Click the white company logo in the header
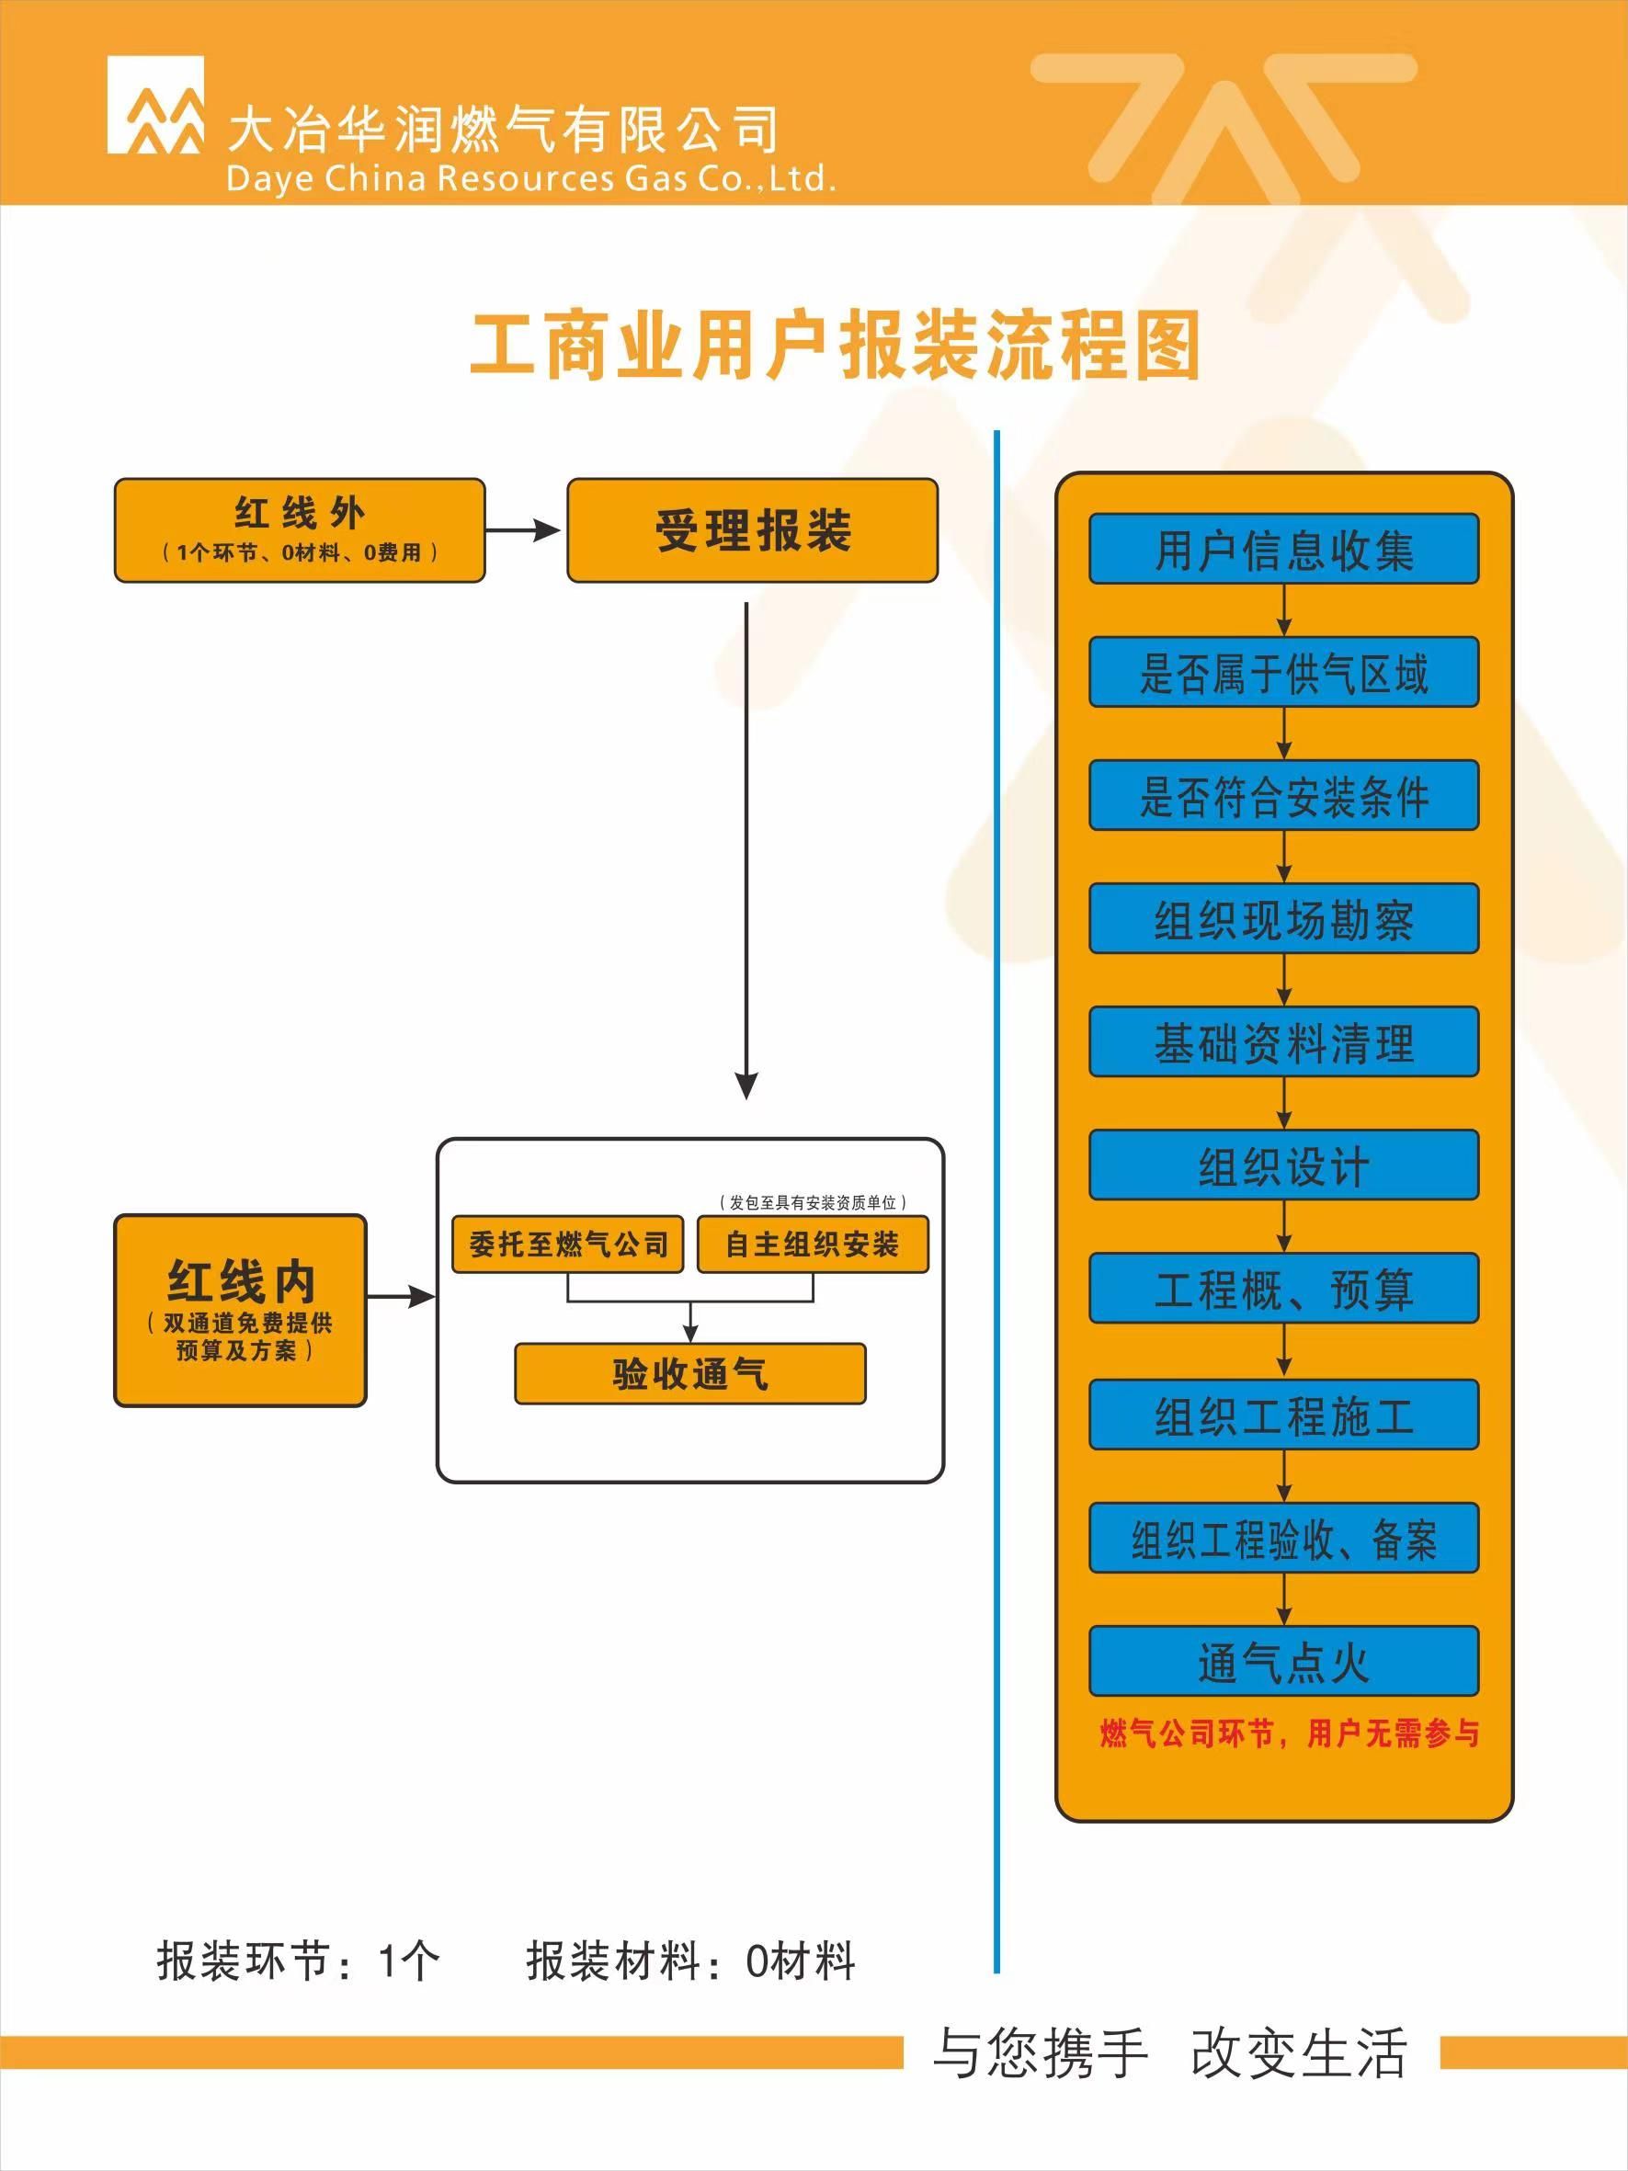pyautogui.click(x=156, y=105)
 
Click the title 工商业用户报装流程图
pyautogui.click(x=835, y=346)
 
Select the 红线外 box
pyautogui.click(x=300, y=530)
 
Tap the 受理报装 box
pyautogui.click(x=753, y=530)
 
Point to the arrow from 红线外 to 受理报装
pyautogui.click(x=524, y=531)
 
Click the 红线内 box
pyautogui.click(x=241, y=1309)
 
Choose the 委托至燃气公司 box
pyautogui.click(x=567, y=1245)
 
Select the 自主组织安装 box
pyautogui.click(x=813, y=1245)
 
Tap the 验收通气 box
pyautogui.click(x=689, y=1373)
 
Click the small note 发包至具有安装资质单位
pyautogui.click(x=812, y=1202)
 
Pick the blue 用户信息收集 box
pyautogui.click(x=1283, y=549)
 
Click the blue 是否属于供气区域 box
pyautogui.click(x=1283, y=672)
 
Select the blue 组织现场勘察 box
pyautogui.click(x=1283, y=918)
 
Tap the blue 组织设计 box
pyautogui.click(x=1283, y=1165)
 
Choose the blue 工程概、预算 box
pyautogui.click(x=1283, y=1289)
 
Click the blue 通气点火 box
pyautogui.click(x=1283, y=1662)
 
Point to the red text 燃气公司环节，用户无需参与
pyautogui.click(x=1289, y=1734)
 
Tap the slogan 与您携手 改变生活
pyautogui.click(x=1169, y=2052)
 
